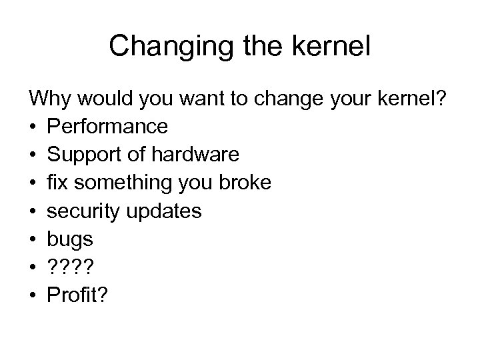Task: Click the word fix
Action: pos(58,183)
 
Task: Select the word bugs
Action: pos(70,239)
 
